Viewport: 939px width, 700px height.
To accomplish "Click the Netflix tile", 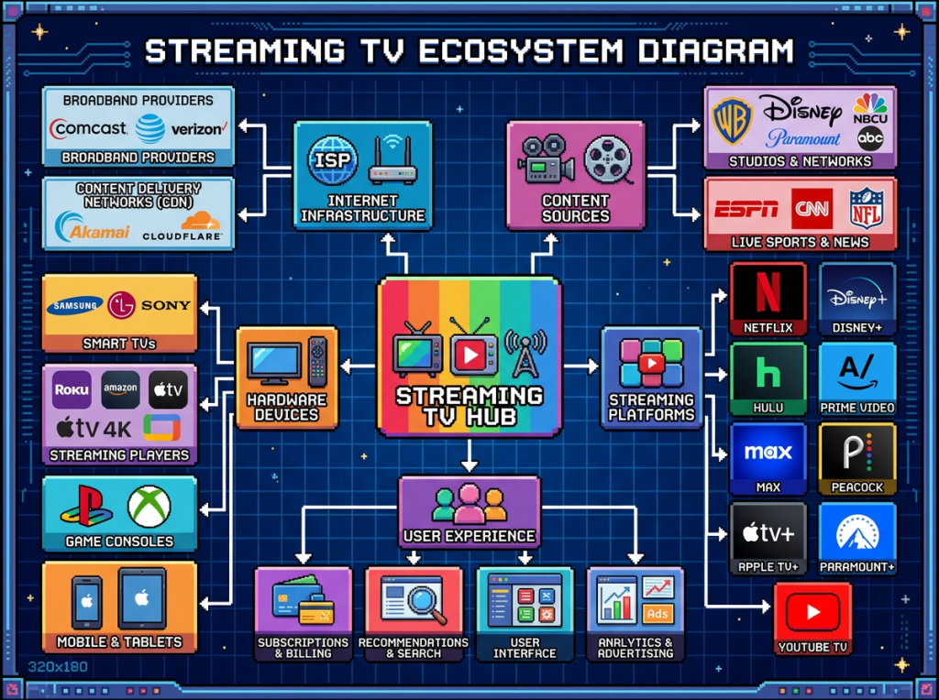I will pos(768,299).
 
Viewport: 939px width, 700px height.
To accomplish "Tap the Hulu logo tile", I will pos(768,377).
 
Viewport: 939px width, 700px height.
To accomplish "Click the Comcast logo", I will pos(88,128).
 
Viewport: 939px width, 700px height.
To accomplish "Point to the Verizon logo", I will pos(197,129).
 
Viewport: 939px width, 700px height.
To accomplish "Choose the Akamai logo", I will pos(92,229).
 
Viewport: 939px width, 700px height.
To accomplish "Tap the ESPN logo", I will pos(746,208).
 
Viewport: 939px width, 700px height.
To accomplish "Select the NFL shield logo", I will pos(865,208).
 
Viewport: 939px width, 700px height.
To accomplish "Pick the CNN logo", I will pos(812,208).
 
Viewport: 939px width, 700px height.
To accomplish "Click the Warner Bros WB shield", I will pos(733,121).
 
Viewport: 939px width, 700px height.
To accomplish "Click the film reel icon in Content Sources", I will pos(609,159).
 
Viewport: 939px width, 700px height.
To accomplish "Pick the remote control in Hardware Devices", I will pos(317,361).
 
